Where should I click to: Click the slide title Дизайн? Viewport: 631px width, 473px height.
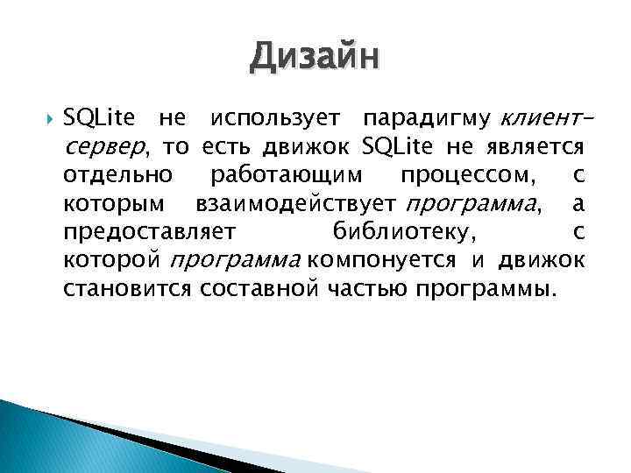tap(315, 60)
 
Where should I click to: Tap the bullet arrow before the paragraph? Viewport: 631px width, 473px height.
tap(48, 120)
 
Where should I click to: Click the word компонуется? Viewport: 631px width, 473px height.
tap(381, 260)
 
